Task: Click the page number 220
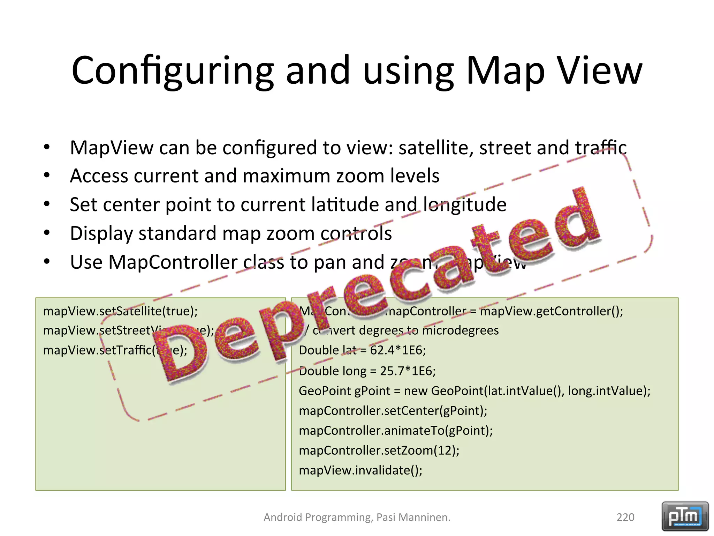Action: click(625, 517)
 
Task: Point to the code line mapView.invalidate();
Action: click(360, 470)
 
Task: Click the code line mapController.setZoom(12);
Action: click(379, 451)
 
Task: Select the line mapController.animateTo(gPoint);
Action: click(396, 431)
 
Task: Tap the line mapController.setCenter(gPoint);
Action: click(393, 411)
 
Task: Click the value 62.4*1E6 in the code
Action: click(397, 350)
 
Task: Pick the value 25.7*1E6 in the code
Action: click(407, 371)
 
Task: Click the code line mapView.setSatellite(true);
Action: click(120, 311)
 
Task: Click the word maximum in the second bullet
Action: click(286, 176)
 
